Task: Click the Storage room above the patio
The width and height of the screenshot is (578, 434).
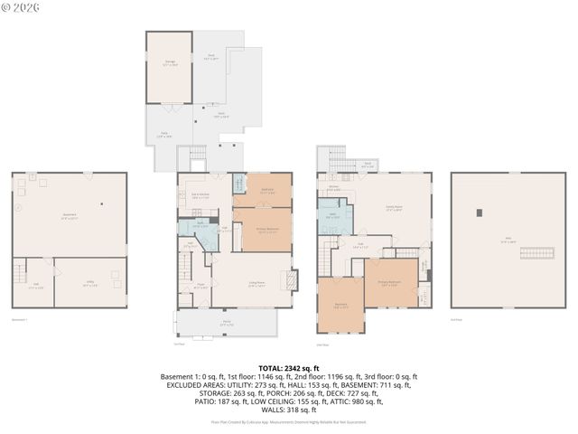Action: pos(169,68)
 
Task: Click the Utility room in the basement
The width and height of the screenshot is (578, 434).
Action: pos(90,282)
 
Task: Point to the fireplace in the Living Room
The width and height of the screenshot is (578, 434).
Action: pos(290,280)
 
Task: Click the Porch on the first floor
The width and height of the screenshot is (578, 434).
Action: pos(227,322)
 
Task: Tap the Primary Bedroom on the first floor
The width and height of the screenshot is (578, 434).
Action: pos(262,230)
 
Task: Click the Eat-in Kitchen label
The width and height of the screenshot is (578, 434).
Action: pos(200,195)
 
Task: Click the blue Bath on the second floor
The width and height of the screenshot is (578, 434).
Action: pos(334,216)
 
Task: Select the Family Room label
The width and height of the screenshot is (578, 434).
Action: pos(394,207)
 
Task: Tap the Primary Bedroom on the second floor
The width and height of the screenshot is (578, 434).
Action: pos(390,280)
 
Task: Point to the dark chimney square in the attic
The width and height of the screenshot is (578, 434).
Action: pos(480,212)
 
